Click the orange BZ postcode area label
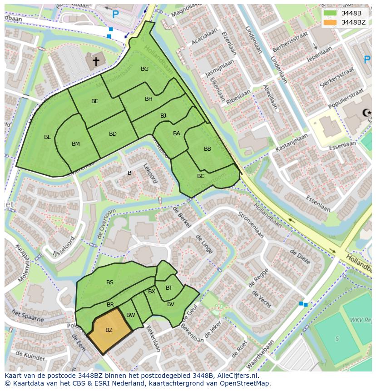(109, 330)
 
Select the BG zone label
(144, 69)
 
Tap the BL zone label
(47, 137)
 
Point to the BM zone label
(76, 144)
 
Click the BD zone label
(113, 134)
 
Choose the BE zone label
(94, 101)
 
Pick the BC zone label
(201, 176)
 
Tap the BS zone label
(110, 282)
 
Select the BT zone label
(169, 287)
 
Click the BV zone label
(171, 304)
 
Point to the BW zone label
(131, 315)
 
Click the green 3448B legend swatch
(330, 13)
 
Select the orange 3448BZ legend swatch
(330, 22)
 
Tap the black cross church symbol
(96, 60)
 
